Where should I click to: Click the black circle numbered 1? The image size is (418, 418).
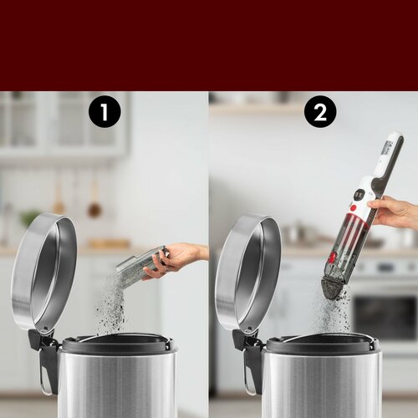[104, 111]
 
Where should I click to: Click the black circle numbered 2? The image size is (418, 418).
[320, 112]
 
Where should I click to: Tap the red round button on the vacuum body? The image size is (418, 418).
[354, 208]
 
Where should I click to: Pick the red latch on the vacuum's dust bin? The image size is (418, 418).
[333, 257]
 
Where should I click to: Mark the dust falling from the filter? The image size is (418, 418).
[110, 303]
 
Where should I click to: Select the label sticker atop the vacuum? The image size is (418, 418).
[387, 147]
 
